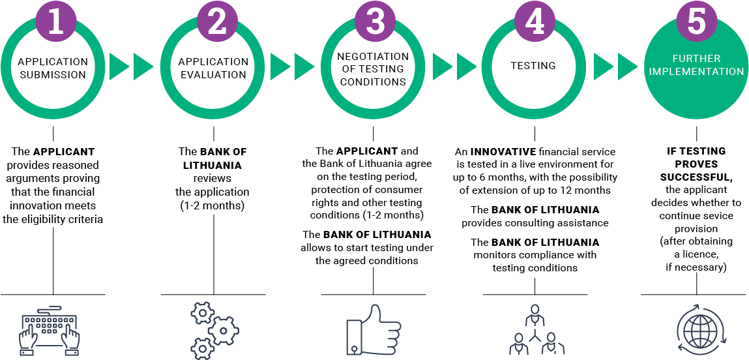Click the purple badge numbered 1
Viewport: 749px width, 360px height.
55,21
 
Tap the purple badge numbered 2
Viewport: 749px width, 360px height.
216,21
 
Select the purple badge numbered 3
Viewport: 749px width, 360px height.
375,21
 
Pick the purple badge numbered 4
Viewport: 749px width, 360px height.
535,21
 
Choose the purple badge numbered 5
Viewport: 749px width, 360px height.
696,21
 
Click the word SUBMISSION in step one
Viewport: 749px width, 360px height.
53,75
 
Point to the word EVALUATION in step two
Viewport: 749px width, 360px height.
213,75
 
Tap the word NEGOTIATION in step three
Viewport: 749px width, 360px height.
373,57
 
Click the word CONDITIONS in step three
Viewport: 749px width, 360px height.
373,82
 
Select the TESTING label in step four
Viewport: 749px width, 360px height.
533,66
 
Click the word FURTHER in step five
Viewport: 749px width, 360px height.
696,59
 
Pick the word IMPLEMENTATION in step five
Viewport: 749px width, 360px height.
696,72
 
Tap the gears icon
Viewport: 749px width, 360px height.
214,330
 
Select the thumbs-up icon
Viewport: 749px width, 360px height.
373,330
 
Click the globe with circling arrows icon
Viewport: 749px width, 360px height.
698,330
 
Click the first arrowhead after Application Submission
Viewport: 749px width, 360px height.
118,67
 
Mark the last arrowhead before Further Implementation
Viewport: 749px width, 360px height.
626,67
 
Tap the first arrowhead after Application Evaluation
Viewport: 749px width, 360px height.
279,67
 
